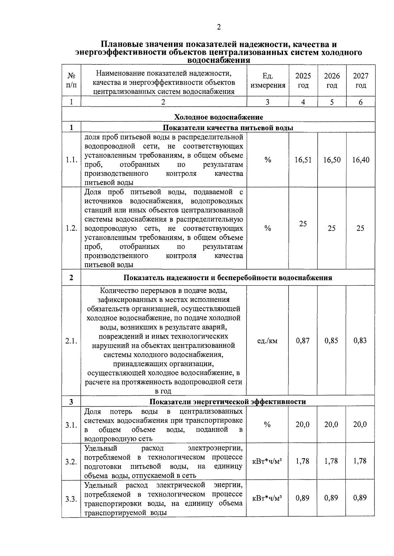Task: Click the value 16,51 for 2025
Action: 303,160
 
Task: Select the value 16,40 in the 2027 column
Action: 361,160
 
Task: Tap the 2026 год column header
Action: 332,80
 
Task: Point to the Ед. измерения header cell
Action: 268,80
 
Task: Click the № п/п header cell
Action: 71,80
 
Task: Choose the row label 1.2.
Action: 71,228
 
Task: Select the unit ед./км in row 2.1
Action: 267,341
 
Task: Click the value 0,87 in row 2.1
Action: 303,341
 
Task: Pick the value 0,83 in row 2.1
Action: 360,341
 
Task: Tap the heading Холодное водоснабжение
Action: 218,117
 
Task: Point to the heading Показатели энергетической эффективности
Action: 228,401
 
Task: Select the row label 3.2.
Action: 71,462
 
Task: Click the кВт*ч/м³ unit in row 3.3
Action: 267,498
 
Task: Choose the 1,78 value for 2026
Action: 331,461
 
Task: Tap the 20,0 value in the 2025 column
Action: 302,424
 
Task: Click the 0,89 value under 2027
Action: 360,498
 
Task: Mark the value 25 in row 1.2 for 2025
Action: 303,224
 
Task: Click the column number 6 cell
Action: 361,102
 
